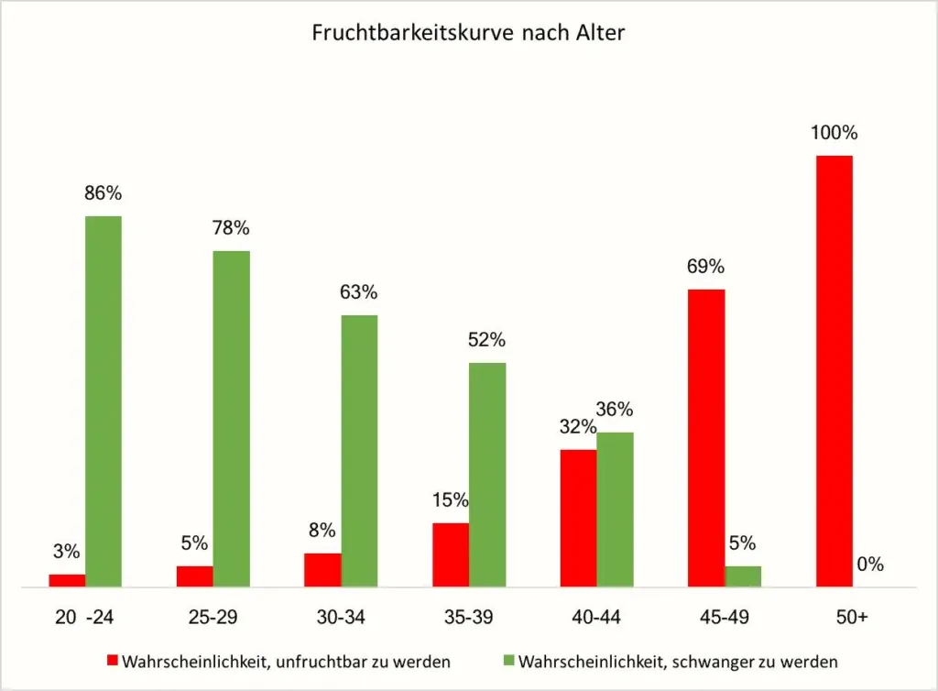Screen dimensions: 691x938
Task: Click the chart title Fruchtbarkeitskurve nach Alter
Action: [468, 33]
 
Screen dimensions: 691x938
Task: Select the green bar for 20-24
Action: [104, 400]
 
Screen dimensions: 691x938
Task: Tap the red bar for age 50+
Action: [834, 370]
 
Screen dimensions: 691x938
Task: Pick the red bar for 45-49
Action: [706, 437]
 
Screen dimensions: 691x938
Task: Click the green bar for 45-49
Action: [743, 576]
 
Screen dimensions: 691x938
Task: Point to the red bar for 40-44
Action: [578, 517]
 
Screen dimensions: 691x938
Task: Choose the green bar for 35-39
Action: [487, 474]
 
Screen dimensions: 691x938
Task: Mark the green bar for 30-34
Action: [359, 450]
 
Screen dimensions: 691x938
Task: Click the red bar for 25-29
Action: [195, 576]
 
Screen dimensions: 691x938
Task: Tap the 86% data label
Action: [104, 193]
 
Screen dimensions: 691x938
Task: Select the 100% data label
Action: [834, 133]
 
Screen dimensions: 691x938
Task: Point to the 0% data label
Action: [870, 565]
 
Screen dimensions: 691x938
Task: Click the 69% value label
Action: [706, 267]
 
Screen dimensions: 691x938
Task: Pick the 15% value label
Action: [450, 500]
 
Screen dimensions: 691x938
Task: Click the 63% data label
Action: [359, 292]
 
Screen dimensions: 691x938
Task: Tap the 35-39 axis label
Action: [468, 618]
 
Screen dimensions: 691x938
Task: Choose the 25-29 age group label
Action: [213, 618]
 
